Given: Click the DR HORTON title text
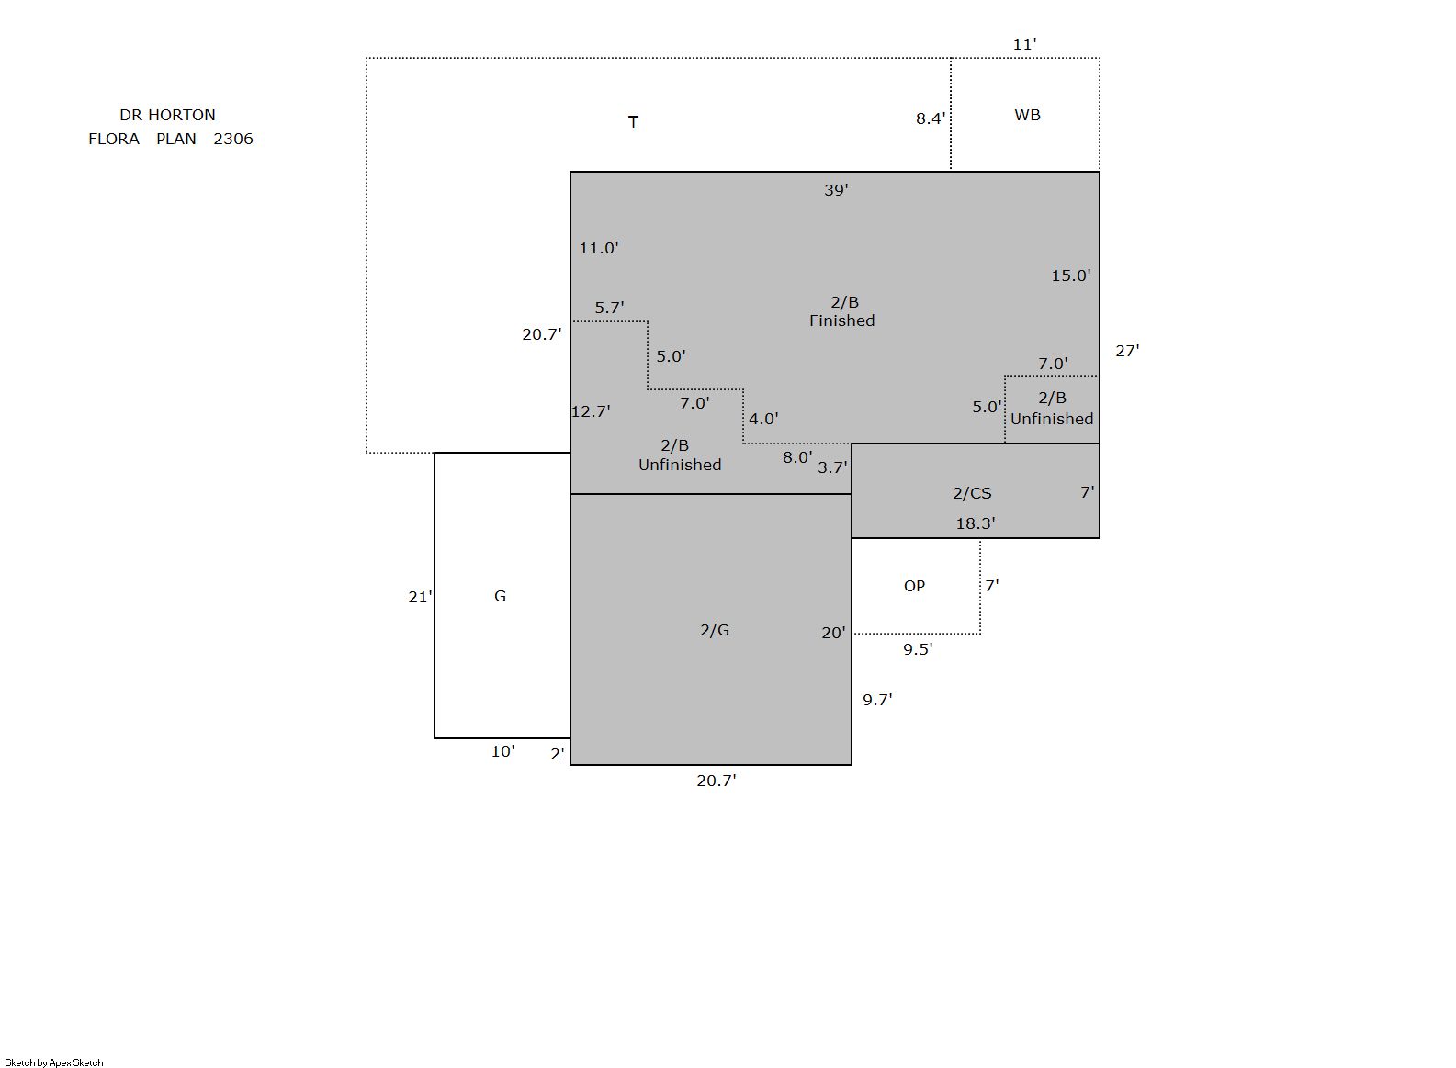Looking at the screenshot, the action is [x=167, y=115].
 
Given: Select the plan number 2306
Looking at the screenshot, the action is [x=232, y=139].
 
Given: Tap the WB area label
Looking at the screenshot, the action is [x=1027, y=115].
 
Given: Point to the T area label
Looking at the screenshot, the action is [x=633, y=121].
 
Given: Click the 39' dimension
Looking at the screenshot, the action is [x=836, y=190].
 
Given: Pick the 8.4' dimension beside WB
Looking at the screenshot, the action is [x=931, y=118].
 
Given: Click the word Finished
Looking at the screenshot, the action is [x=841, y=320].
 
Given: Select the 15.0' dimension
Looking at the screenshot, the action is [x=1070, y=275].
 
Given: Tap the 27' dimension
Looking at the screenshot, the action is [x=1127, y=351].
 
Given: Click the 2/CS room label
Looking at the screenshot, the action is [x=972, y=493].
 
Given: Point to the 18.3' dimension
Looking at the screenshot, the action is [x=975, y=523].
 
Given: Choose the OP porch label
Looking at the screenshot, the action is [x=914, y=586].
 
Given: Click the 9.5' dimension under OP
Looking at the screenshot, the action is [x=917, y=649].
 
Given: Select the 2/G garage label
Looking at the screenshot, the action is [x=715, y=630].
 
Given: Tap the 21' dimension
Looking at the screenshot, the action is [x=420, y=597].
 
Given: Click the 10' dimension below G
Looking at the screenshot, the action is [x=502, y=751].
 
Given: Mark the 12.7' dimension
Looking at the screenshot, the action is [x=590, y=411].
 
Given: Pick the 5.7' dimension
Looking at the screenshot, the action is [x=609, y=308].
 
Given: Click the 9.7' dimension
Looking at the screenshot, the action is [x=877, y=700].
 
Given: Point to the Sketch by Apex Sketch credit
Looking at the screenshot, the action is [x=54, y=1062].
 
